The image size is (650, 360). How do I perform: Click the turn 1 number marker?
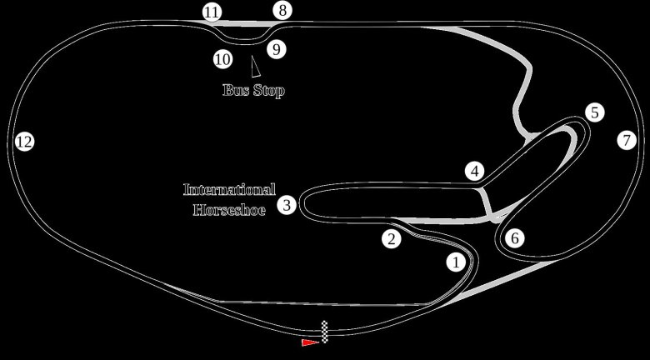[x=456, y=263]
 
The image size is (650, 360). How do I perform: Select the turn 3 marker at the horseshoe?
[x=287, y=204]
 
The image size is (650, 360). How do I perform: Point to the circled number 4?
[x=475, y=172]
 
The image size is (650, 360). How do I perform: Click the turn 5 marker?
[x=593, y=112]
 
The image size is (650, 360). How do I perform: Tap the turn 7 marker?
[x=627, y=140]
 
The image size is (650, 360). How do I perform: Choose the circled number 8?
[x=282, y=11]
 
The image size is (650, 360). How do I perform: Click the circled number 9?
[x=277, y=49]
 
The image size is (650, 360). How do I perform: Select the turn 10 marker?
[x=222, y=59]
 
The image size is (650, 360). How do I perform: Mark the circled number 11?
[x=212, y=12]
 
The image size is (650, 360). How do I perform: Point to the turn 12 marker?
[x=24, y=142]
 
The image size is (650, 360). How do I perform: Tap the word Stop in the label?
[x=268, y=90]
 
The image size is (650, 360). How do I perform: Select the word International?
[x=228, y=189]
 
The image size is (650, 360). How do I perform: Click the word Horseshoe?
[x=228, y=210]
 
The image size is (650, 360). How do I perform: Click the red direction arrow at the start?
[x=311, y=341]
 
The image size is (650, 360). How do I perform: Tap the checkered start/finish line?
[x=325, y=332]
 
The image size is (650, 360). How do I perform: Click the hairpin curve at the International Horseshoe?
[x=303, y=204]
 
